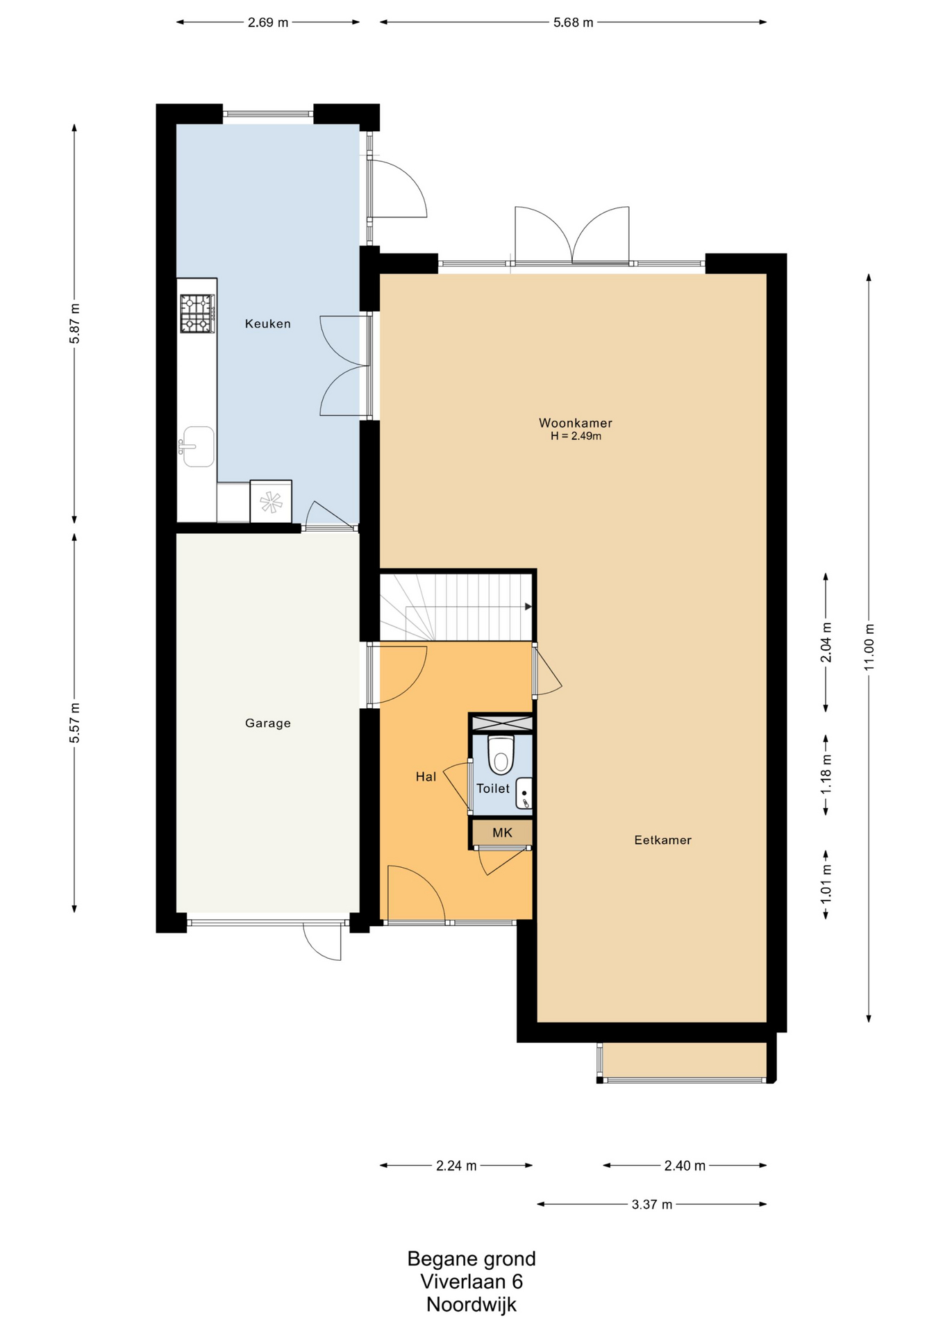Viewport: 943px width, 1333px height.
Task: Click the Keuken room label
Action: pyautogui.click(x=267, y=324)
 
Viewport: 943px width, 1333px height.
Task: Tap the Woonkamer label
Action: pyautogui.click(x=576, y=423)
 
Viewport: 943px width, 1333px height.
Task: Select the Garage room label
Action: pyautogui.click(x=268, y=723)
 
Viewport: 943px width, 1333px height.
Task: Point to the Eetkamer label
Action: pyautogui.click(x=662, y=840)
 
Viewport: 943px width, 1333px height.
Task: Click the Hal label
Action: pyautogui.click(x=426, y=777)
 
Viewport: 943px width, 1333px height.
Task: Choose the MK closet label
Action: pyautogui.click(x=502, y=832)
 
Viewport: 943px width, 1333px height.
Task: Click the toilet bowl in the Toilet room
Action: pyautogui.click(x=501, y=755)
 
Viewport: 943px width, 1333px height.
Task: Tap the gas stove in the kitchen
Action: pyautogui.click(x=197, y=313)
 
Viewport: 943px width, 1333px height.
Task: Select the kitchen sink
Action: pyautogui.click(x=197, y=446)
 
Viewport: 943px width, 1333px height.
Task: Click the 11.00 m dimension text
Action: pyautogui.click(x=869, y=647)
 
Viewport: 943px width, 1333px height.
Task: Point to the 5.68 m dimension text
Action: pyautogui.click(x=573, y=22)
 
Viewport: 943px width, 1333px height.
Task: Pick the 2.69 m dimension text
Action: pyautogui.click(x=268, y=22)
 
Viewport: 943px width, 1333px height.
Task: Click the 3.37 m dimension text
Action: pyautogui.click(x=652, y=1205)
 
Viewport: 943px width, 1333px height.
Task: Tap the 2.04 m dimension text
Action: pyautogui.click(x=826, y=642)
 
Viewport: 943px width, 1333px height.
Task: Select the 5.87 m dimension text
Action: pyautogui.click(x=75, y=324)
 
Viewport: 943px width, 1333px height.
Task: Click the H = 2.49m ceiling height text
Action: pyautogui.click(x=576, y=436)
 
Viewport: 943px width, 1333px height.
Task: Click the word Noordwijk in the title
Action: pyautogui.click(x=471, y=1305)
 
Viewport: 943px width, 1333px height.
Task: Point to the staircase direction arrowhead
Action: pyautogui.click(x=528, y=607)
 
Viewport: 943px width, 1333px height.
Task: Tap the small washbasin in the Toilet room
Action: pyautogui.click(x=524, y=793)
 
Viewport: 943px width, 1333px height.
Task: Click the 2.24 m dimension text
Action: pyautogui.click(x=456, y=1166)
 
